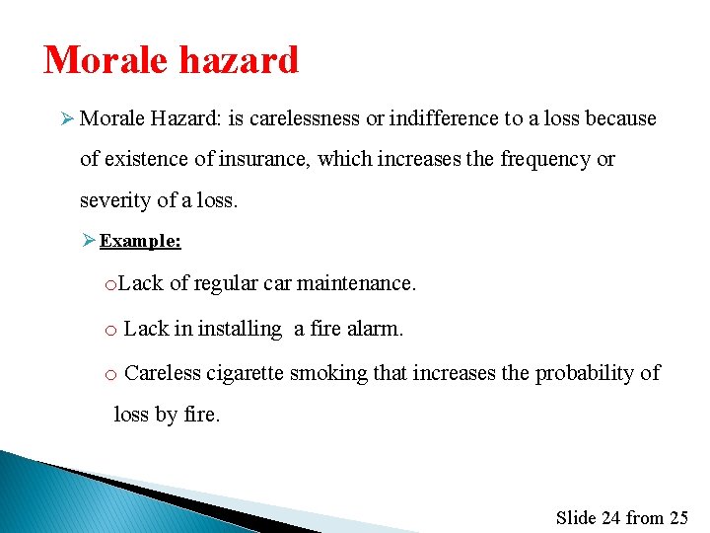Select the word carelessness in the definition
(305, 118)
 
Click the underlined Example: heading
(140, 241)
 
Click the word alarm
(375, 329)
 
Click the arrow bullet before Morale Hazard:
(67, 118)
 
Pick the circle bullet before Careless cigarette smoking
(111, 374)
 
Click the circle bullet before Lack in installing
(111, 330)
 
